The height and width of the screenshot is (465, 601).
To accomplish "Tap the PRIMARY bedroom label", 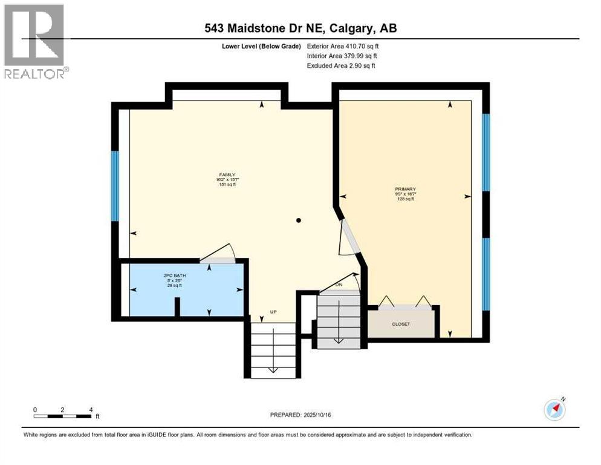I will pos(405,188).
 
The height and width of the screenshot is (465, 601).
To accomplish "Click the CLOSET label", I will pos(401,324).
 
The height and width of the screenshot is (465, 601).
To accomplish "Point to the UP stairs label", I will pos(273,312).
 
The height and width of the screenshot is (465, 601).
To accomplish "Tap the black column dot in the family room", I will pos(298,221).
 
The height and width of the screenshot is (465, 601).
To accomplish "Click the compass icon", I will pos(554,409).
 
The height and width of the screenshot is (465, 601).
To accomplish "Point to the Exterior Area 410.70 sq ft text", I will pos(343,46).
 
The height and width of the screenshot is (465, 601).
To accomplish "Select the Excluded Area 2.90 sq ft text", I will pos(341,65).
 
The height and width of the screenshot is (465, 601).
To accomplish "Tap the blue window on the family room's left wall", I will pos(114,186).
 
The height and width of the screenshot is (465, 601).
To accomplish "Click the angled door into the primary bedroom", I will pos(348,237).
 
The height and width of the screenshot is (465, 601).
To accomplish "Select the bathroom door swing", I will pos(218,254).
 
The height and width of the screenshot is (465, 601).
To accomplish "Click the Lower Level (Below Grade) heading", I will pos(261,46).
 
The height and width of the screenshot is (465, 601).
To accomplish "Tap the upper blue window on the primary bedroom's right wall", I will pos(486,152).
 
